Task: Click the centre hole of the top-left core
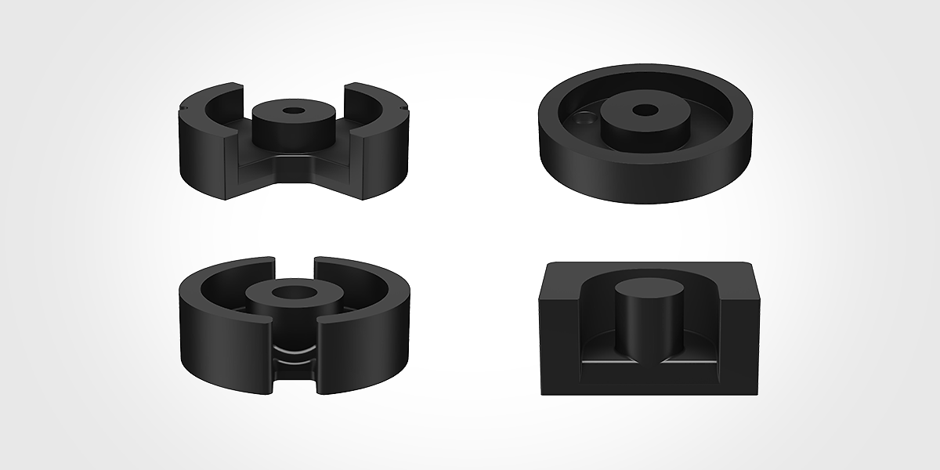[291, 112]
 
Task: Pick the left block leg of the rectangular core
[560, 329]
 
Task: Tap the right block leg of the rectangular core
[744, 329]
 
